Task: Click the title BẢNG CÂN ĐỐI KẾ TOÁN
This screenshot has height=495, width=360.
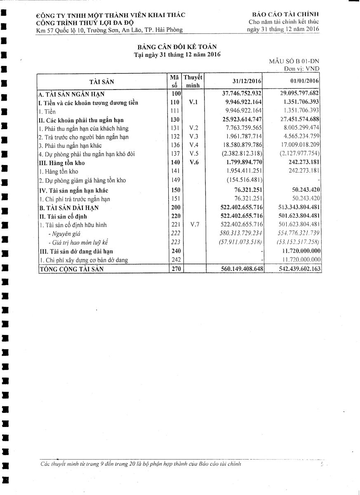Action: (x=177, y=47)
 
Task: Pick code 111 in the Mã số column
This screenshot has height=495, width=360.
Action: (x=175, y=111)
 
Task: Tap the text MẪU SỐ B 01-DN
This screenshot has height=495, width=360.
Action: (x=294, y=61)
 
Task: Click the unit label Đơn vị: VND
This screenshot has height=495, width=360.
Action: (x=301, y=69)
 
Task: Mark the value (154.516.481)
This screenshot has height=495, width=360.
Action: (x=245, y=180)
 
